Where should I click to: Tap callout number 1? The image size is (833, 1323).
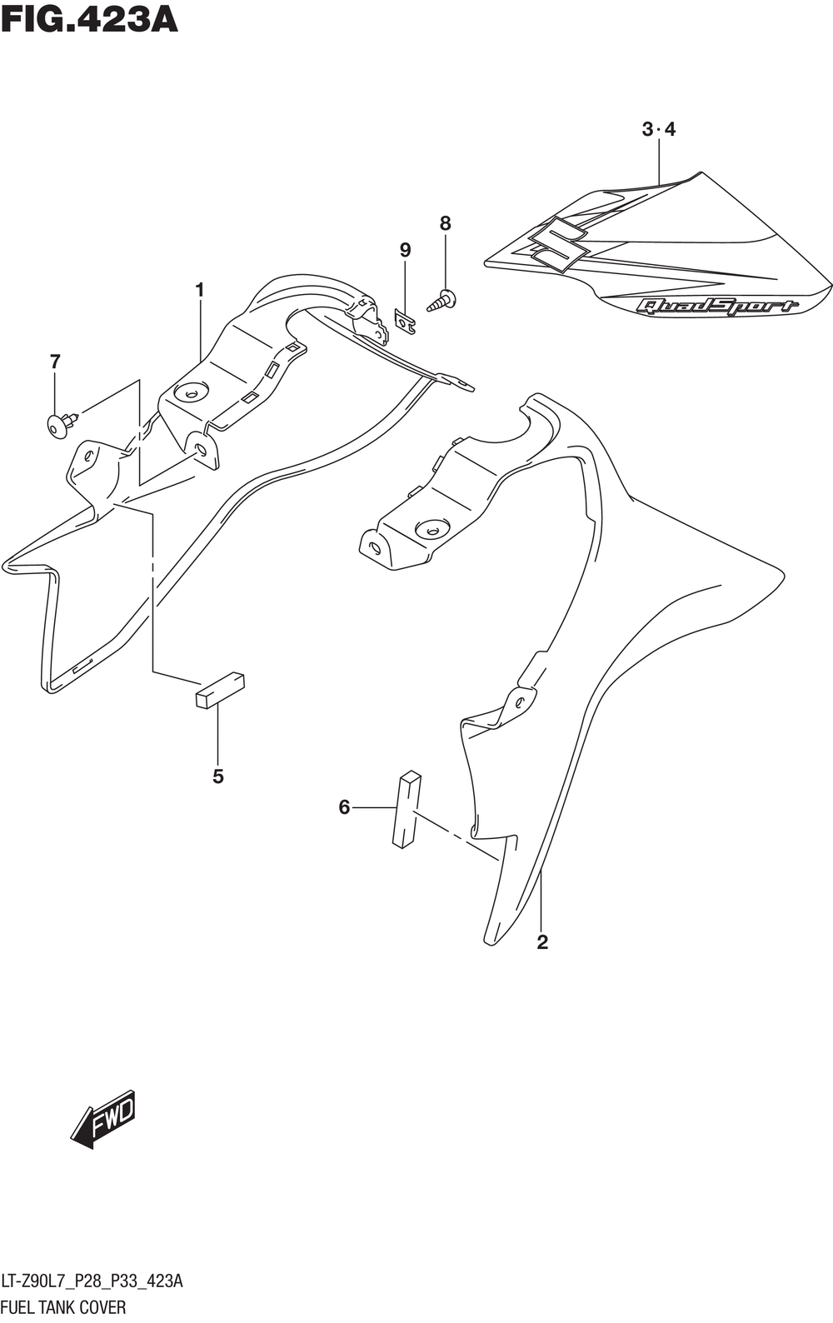pyautogui.click(x=200, y=290)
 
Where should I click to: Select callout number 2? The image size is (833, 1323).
pyautogui.click(x=542, y=942)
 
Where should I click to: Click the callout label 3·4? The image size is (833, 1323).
pyautogui.click(x=659, y=129)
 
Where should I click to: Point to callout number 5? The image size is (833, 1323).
pyautogui.click(x=218, y=776)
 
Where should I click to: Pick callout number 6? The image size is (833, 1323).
pyautogui.click(x=344, y=806)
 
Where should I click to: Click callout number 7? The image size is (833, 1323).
pyautogui.click(x=55, y=361)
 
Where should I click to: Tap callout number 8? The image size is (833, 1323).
pyautogui.click(x=445, y=223)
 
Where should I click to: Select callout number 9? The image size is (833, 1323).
pyautogui.click(x=405, y=250)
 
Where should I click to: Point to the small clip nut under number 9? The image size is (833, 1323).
pyautogui.click(x=405, y=321)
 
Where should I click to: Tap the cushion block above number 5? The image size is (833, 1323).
pyautogui.click(x=220, y=689)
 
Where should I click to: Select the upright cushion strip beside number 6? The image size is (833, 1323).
pyautogui.click(x=407, y=809)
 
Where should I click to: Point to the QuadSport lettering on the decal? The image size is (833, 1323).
pyautogui.click(x=716, y=306)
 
